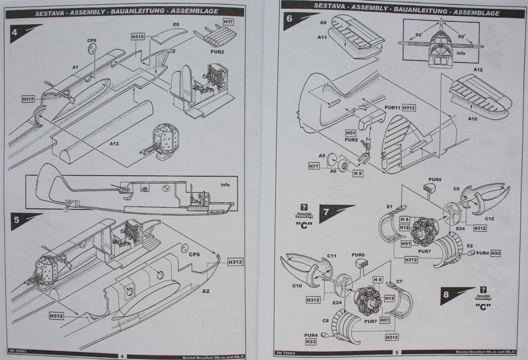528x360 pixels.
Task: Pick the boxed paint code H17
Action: pyautogui.click(x=228, y=22)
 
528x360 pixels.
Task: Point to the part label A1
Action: pyautogui.click(x=76, y=68)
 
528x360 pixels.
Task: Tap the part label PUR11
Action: pyautogui.click(x=392, y=108)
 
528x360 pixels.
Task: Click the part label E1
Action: pyautogui.click(x=389, y=207)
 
